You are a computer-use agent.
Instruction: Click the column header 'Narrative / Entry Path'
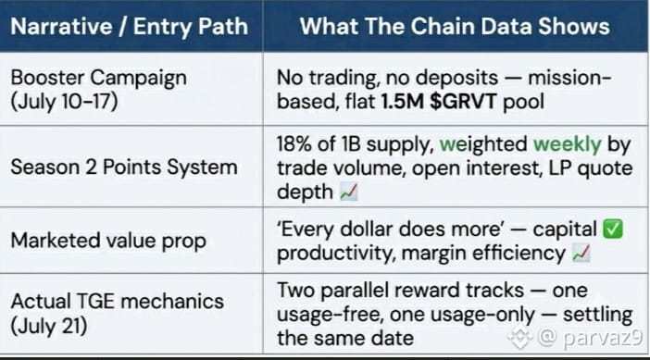[130, 27]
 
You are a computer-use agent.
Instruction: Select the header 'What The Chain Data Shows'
[455, 27]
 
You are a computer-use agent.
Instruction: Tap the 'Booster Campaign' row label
[99, 78]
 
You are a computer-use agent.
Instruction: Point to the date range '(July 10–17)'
[64, 102]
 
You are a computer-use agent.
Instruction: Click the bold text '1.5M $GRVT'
[439, 102]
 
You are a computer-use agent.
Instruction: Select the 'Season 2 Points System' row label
[124, 168]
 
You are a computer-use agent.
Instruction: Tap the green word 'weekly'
[567, 144]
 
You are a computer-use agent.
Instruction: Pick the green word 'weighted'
[483, 145]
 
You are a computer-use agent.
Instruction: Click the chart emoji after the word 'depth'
[349, 192]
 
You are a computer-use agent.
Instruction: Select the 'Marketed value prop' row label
[108, 241]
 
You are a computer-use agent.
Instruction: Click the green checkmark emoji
[613, 230]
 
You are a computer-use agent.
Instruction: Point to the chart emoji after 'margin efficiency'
[581, 254]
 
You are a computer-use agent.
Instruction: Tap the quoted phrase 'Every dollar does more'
[390, 230]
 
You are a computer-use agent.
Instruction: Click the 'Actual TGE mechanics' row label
[118, 301]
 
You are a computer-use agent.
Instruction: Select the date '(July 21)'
[49, 326]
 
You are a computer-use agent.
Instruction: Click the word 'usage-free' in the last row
[330, 315]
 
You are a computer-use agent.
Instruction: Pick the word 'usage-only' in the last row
[482, 315]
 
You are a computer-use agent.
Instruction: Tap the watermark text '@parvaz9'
[590, 337]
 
